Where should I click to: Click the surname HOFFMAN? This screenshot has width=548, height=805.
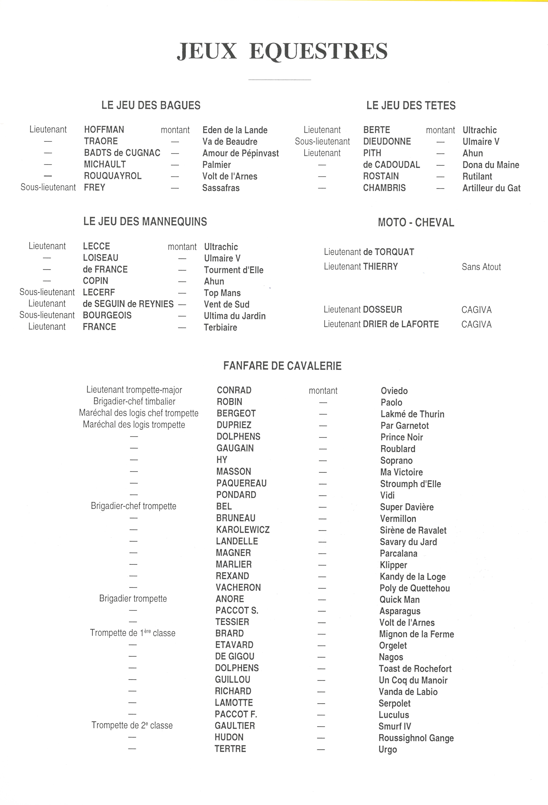click(104, 130)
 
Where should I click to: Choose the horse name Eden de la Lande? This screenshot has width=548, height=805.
click(235, 130)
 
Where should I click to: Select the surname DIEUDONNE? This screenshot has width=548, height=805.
click(387, 141)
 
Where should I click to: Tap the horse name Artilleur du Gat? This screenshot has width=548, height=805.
click(491, 188)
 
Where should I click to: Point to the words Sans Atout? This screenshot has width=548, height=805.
click(481, 267)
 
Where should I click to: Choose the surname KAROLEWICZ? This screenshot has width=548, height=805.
click(242, 530)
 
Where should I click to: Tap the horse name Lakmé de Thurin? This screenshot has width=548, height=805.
click(412, 414)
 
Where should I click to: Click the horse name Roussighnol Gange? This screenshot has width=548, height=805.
click(416, 738)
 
